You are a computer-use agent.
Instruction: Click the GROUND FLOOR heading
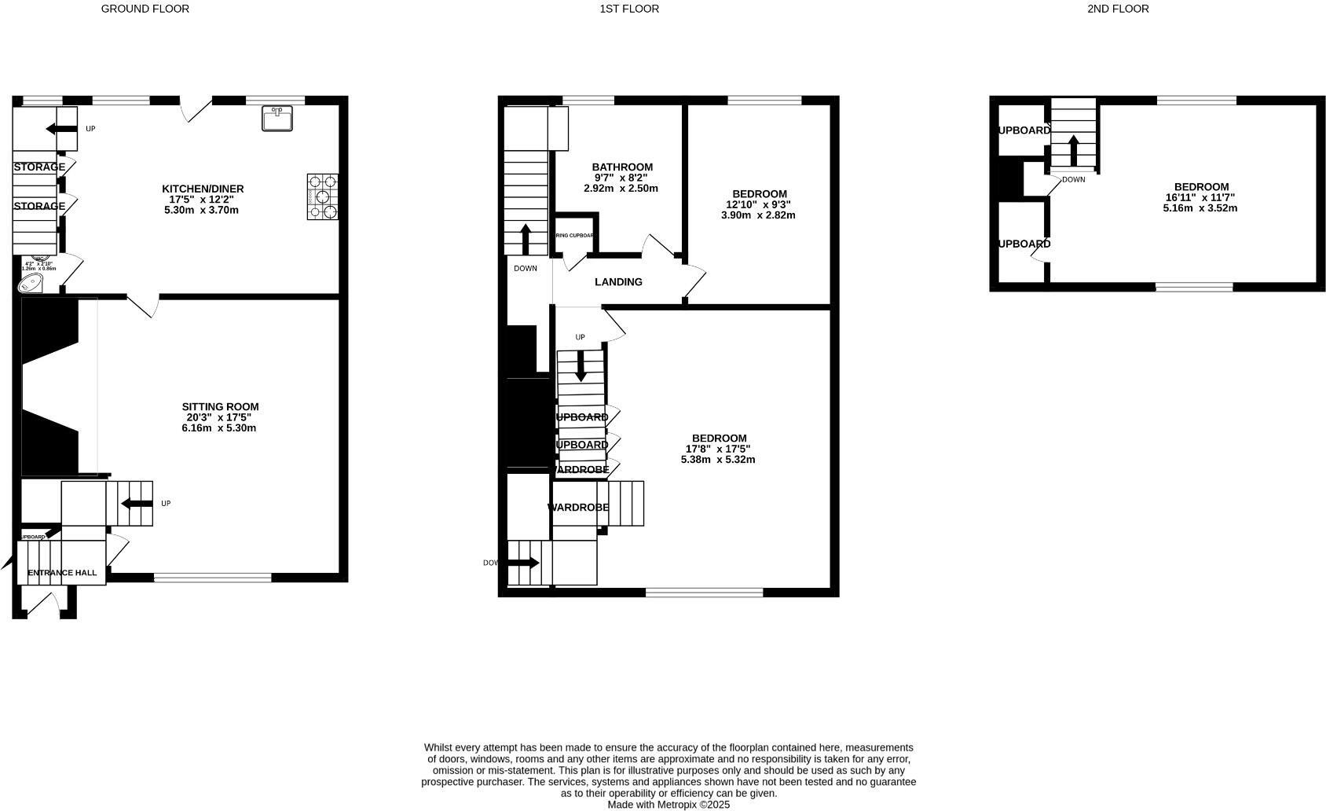click(145, 9)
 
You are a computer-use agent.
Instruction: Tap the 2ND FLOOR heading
click(1118, 9)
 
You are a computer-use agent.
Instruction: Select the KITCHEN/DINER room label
click(203, 189)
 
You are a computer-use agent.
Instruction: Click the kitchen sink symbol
click(277, 119)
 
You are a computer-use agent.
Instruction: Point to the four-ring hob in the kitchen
click(322, 196)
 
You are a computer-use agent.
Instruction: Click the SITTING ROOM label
click(220, 407)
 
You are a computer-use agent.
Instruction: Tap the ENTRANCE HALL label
click(62, 573)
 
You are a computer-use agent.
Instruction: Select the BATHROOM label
click(622, 167)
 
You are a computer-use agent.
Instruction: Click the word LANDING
click(618, 282)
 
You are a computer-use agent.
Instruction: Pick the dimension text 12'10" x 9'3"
click(758, 204)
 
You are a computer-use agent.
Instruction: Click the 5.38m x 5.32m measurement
click(718, 460)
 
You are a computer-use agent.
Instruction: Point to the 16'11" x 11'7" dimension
click(1200, 198)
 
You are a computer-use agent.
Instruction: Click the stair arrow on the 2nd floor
click(1073, 149)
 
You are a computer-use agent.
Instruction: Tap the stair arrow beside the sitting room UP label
click(137, 504)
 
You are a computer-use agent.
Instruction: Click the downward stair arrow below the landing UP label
click(581, 366)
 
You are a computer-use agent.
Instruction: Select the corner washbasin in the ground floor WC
click(31, 283)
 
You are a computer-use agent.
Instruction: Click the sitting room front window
click(212, 578)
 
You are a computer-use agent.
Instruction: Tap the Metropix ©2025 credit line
click(668, 805)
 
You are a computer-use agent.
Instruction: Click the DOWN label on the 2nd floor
click(1073, 180)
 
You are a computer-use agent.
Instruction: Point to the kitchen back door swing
click(195, 110)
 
